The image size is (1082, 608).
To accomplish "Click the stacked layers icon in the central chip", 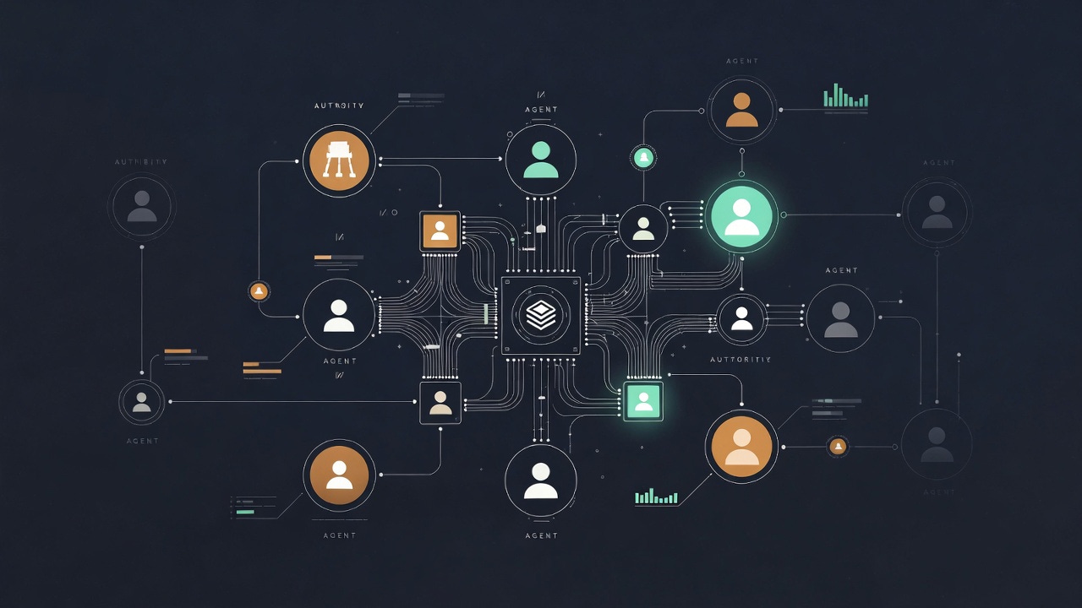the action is [540, 314].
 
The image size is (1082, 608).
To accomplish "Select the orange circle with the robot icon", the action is [339, 160].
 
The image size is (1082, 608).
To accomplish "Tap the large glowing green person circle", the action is [741, 215].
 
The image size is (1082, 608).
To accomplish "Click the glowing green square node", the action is [643, 401].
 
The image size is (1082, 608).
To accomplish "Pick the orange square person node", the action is [440, 231].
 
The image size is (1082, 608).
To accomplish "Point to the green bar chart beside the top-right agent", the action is [845, 96].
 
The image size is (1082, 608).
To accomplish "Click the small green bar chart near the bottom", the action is [656, 497].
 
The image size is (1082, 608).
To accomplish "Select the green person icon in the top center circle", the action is [540, 160].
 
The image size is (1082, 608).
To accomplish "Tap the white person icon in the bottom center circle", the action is [540, 480].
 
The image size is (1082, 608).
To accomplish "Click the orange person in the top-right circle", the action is [741, 110].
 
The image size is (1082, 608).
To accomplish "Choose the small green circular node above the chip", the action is [643, 157].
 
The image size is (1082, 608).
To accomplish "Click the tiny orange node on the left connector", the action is [260, 291].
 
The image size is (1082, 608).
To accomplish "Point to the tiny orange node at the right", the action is [838, 446].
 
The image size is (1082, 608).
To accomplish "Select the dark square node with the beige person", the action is [440, 403].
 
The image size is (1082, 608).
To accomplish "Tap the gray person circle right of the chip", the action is [840, 318].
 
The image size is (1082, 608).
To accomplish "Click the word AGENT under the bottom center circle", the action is [541, 536].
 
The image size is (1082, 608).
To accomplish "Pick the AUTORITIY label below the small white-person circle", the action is [740, 360].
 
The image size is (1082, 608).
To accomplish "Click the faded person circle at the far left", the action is [141, 206].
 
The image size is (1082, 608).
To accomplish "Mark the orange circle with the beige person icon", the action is [741, 447].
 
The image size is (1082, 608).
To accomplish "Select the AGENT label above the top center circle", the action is [541, 110].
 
